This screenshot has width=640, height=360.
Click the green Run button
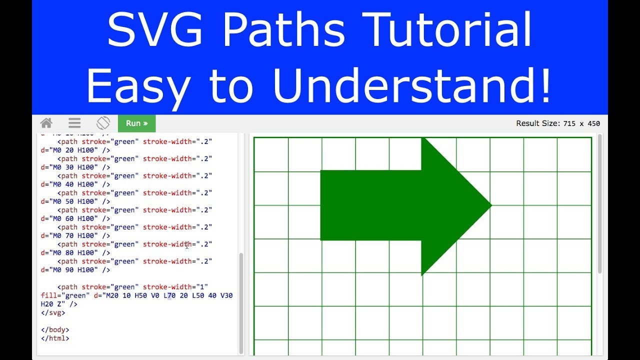pyautogui.click(x=136, y=123)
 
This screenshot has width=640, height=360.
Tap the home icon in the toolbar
pyautogui.click(x=46, y=123)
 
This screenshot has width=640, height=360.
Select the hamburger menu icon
pyautogui.click(x=74, y=123)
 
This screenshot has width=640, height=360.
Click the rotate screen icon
pyautogui.click(x=103, y=123)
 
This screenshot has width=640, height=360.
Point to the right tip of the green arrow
pyautogui.click(x=491, y=205)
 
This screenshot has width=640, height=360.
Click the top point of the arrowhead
pyautogui.click(x=422, y=138)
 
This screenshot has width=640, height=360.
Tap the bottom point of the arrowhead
pyautogui.click(x=422, y=274)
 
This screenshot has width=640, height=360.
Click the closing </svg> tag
pyautogui.click(x=53, y=313)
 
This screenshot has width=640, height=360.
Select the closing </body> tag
pyautogui.click(x=55, y=330)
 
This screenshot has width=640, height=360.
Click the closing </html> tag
pyautogui.click(x=55, y=338)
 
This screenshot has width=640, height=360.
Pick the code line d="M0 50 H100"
pyautogui.click(x=75, y=201)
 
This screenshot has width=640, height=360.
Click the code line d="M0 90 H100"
pyautogui.click(x=75, y=270)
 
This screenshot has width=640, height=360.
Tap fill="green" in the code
pyautogui.click(x=65, y=295)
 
